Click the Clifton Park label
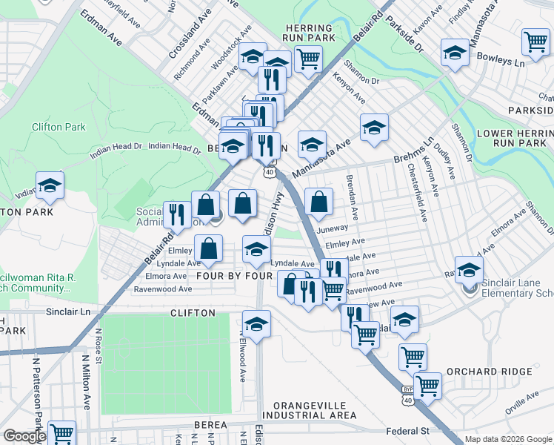click(x=59, y=127)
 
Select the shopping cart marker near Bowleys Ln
click(x=535, y=43)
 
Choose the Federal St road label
click(x=407, y=431)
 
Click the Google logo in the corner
click(x=24, y=436)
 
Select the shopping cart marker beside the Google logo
click(x=61, y=432)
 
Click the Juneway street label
click(x=332, y=229)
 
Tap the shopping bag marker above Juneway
click(x=318, y=202)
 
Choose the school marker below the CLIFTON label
click(x=256, y=323)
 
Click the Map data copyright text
click(x=507, y=439)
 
